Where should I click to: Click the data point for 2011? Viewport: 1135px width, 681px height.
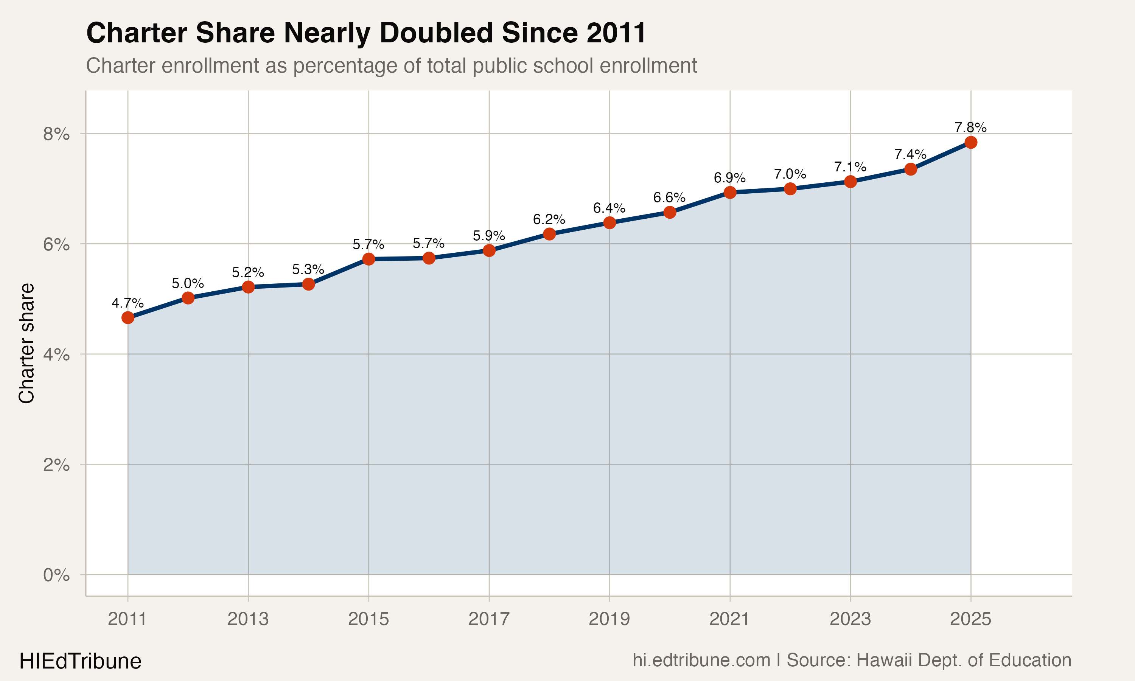pos(127,317)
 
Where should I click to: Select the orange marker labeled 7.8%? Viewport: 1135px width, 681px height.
pos(971,142)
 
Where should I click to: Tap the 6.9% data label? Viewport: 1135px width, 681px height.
pos(729,177)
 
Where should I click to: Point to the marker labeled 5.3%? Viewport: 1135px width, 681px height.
pos(308,285)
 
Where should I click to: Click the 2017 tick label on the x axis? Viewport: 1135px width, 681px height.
pos(488,619)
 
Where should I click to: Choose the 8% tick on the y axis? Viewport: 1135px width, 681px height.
pos(56,134)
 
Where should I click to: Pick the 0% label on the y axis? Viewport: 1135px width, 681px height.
pos(56,575)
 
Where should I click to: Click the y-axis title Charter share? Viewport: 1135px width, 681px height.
pos(26,343)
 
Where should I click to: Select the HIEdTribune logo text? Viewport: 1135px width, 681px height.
pos(80,661)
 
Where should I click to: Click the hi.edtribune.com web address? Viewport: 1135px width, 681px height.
pos(701,660)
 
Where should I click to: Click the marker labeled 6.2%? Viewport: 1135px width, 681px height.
pos(549,234)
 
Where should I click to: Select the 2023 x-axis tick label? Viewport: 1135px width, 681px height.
pos(850,619)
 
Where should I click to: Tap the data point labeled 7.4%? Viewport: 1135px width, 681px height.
pos(911,169)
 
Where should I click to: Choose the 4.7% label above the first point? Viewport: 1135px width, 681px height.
pos(127,303)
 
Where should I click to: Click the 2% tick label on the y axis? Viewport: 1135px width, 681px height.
pos(56,465)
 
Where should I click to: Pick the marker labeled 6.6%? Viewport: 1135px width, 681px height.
pos(670,212)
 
